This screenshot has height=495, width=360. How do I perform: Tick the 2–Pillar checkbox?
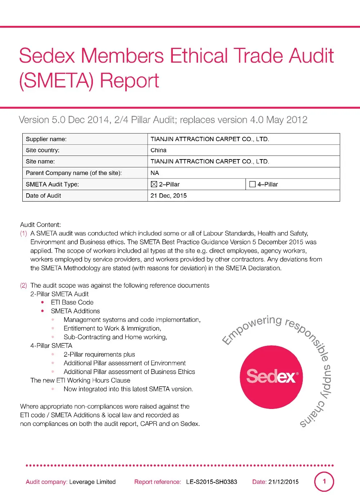(x=154, y=184)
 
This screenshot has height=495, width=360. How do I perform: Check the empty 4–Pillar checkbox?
(x=252, y=184)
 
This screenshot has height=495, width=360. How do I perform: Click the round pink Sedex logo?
(x=271, y=377)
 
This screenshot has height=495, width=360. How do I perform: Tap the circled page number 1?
(x=324, y=481)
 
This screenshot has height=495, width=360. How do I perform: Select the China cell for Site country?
(x=158, y=150)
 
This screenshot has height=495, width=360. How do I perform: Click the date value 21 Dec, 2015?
(x=168, y=195)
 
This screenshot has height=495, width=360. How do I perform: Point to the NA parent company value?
(x=155, y=173)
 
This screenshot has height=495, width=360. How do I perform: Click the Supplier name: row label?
(x=46, y=139)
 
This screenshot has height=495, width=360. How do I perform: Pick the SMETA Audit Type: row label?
(x=52, y=184)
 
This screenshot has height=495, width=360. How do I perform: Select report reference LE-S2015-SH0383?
(x=211, y=482)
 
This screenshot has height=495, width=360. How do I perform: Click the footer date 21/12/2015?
(x=283, y=482)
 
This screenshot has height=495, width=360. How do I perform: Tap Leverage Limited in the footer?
(x=92, y=482)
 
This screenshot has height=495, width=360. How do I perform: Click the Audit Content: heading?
(x=40, y=225)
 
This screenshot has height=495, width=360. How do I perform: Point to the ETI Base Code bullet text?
(x=72, y=302)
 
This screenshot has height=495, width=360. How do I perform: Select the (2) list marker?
(x=23, y=285)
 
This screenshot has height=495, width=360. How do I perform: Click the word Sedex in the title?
(x=47, y=56)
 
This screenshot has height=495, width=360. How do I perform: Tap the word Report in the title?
(x=129, y=81)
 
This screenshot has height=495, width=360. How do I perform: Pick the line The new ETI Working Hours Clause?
(x=80, y=381)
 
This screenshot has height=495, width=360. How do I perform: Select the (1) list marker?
(x=23, y=233)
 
